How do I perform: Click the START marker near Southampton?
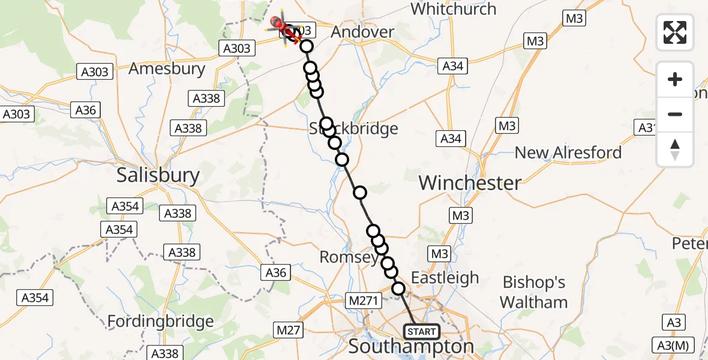(x=422, y=331)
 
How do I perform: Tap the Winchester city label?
(x=470, y=182)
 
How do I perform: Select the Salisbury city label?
(x=158, y=175)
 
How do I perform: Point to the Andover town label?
(x=362, y=32)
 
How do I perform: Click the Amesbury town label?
(x=167, y=68)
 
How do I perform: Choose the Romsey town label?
(x=349, y=257)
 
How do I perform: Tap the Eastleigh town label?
(x=445, y=277)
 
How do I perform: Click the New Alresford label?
(x=568, y=152)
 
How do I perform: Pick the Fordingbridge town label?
(x=160, y=322)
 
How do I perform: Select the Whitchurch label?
(x=454, y=9)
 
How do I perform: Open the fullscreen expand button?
(x=675, y=32)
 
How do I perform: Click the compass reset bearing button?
(x=675, y=149)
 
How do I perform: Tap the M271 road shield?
(x=363, y=299)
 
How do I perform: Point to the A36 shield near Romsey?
(x=276, y=273)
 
